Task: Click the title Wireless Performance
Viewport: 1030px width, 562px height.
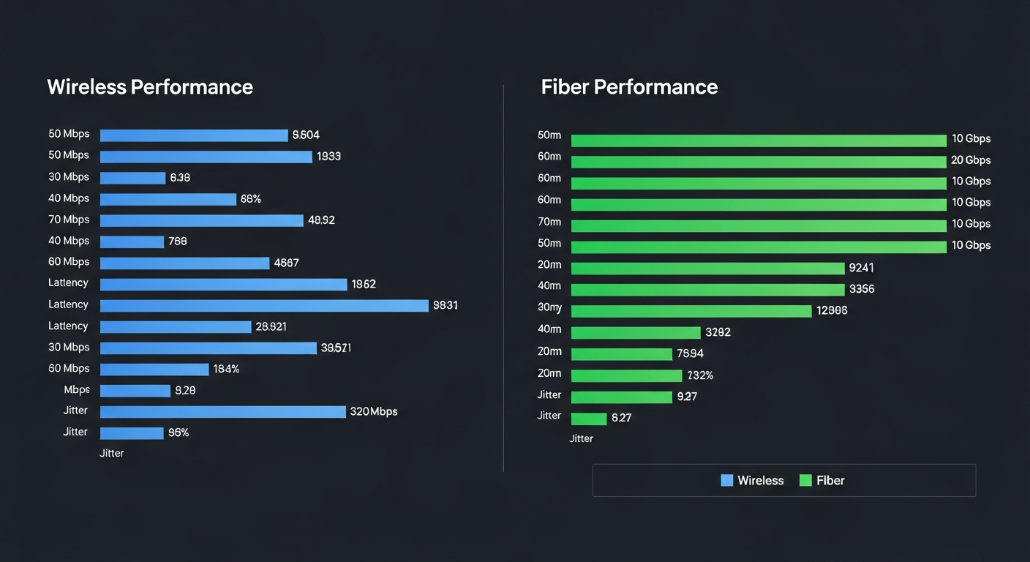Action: click(150, 87)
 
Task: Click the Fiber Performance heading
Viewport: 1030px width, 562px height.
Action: click(629, 87)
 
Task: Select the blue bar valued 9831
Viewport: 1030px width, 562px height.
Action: click(263, 305)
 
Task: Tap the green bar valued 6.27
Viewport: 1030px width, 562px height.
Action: click(588, 419)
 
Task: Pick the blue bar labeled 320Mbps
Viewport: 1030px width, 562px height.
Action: click(222, 412)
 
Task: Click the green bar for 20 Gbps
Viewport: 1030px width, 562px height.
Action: click(758, 161)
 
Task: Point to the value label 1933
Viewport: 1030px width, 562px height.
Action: click(328, 157)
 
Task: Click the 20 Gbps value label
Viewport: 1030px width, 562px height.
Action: click(971, 160)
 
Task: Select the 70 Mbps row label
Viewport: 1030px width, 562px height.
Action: click(69, 220)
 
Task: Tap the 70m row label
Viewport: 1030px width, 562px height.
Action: click(549, 222)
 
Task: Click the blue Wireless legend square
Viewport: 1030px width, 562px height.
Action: click(726, 481)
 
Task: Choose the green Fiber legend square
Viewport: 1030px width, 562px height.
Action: click(805, 481)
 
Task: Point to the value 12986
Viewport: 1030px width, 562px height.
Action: click(832, 311)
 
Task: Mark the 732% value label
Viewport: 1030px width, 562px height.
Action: click(700, 375)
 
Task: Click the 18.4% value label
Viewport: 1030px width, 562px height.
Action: click(226, 370)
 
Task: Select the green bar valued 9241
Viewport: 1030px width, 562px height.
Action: click(707, 269)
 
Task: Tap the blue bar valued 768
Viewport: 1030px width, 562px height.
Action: click(132, 241)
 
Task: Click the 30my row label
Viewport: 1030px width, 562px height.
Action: click(549, 307)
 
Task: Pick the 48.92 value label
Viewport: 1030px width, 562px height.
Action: click(321, 220)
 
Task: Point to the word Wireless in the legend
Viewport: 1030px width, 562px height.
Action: click(760, 481)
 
